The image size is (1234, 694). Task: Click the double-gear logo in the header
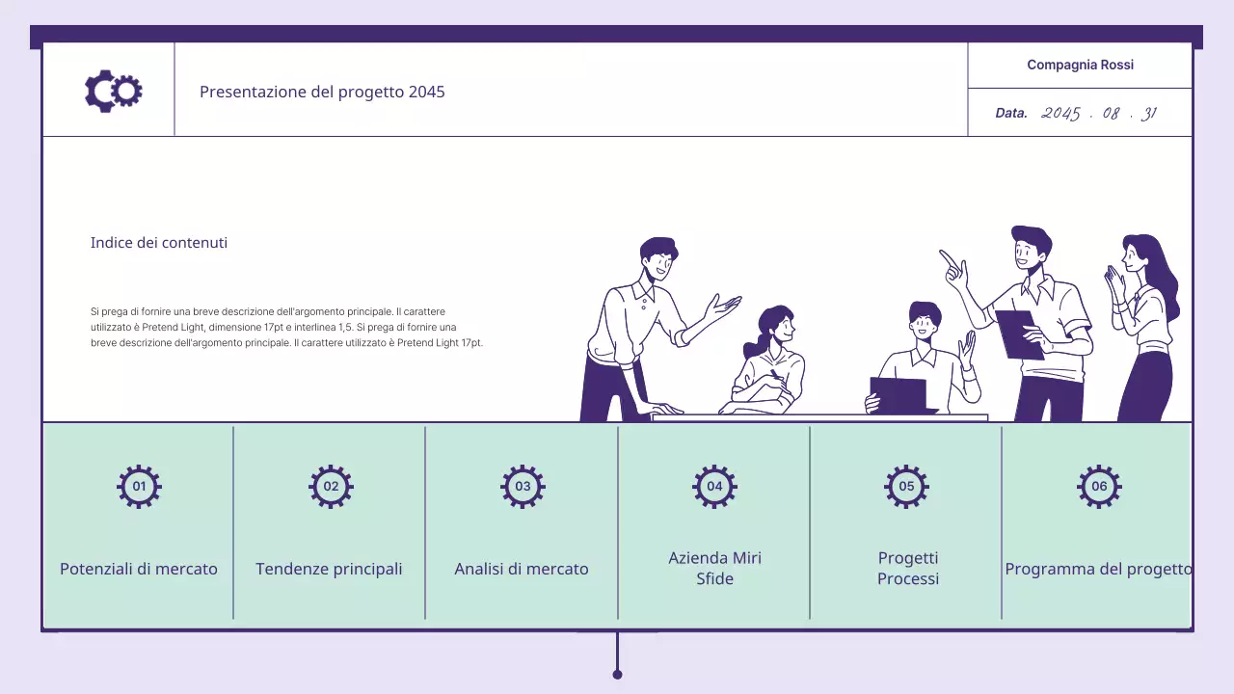click(114, 91)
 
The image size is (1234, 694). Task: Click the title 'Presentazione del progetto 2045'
click(322, 92)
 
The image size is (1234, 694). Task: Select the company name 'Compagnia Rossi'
click(1080, 65)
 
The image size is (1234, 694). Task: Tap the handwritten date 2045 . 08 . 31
click(1099, 114)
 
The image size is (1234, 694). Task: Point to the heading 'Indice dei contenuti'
click(159, 243)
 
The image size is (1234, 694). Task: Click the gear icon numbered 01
click(139, 487)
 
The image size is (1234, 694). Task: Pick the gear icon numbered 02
click(331, 487)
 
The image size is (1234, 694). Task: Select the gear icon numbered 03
click(523, 487)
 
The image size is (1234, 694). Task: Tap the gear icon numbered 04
click(714, 487)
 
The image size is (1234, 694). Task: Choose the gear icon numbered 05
click(906, 487)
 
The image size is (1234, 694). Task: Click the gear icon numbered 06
click(1099, 487)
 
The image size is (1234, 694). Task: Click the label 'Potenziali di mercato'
click(139, 569)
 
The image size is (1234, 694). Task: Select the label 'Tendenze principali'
click(329, 569)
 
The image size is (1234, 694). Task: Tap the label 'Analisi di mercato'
click(522, 569)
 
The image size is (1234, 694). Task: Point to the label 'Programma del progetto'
click(1098, 569)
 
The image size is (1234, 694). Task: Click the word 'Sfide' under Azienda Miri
click(714, 579)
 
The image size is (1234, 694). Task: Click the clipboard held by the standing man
click(1019, 334)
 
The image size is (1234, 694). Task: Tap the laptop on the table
click(900, 395)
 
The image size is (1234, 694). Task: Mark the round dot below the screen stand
click(617, 675)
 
